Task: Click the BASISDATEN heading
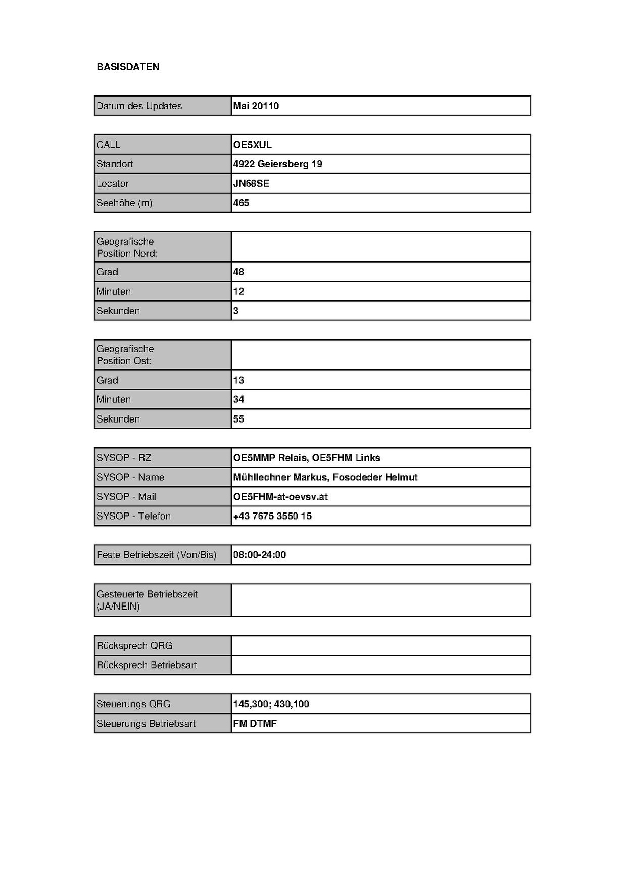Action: (128, 67)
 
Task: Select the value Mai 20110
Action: (256, 106)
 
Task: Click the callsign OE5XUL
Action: (252, 145)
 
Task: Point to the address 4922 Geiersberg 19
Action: (277, 164)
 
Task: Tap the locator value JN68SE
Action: (251, 183)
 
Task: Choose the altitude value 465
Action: (241, 203)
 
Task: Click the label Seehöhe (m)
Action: (124, 203)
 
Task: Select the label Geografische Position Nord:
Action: (127, 247)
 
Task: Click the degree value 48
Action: (238, 272)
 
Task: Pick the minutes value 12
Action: (238, 291)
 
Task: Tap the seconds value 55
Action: (238, 419)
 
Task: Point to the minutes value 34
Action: (238, 399)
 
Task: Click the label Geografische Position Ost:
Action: (125, 355)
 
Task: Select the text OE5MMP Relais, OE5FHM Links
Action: (307, 458)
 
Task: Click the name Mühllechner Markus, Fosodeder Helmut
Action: (325, 477)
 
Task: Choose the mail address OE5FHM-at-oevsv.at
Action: (280, 497)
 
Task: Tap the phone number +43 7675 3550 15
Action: (272, 516)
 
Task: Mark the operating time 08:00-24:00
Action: (260, 555)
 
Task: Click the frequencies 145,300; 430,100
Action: (271, 704)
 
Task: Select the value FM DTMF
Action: (255, 724)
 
